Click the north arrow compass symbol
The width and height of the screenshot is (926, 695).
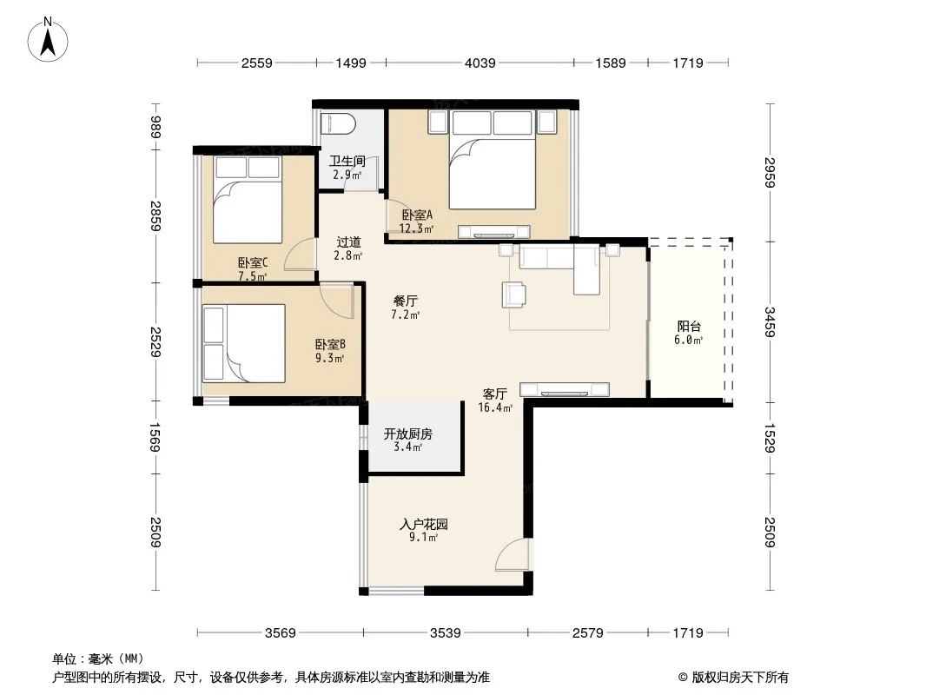click(x=48, y=40)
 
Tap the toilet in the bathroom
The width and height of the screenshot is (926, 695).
click(x=338, y=124)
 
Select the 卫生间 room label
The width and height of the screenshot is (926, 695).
click(x=347, y=161)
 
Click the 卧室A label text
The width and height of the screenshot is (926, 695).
click(x=417, y=215)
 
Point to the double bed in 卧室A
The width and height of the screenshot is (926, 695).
click(x=493, y=160)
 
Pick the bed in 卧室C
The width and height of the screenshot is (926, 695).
click(x=248, y=200)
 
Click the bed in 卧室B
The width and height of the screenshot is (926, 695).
click(x=244, y=343)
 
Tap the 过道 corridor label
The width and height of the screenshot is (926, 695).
click(x=348, y=242)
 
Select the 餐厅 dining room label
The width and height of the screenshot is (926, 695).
click(x=405, y=301)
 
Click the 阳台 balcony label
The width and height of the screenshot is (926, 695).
click(x=689, y=326)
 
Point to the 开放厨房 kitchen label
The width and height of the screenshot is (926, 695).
click(x=408, y=434)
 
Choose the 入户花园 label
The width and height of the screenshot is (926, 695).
click(x=423, y=524)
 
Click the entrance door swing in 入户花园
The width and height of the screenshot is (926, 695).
click(x=512, y=554)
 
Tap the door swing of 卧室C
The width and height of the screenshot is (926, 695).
click(x=300, y=255)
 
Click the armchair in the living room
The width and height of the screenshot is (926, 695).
click(x=513, y=295)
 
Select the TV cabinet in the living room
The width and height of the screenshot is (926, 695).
click(x=565, y=390)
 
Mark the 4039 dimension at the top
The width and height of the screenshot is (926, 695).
click(x=480, y=63)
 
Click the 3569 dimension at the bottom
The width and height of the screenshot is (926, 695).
click(x=281, y=633)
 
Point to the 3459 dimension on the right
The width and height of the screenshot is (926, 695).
click(x=770, y=321)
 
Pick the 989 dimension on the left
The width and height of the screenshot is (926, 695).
click(x=155, y=127)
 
